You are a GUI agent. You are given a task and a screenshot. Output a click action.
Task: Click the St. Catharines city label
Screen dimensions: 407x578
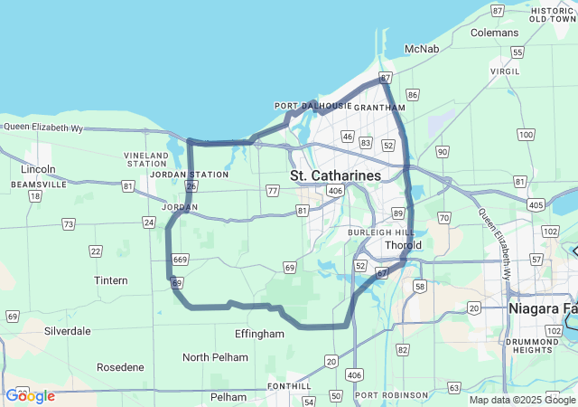(335, 174)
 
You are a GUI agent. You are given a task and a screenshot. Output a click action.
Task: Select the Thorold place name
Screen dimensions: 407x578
(403, 245)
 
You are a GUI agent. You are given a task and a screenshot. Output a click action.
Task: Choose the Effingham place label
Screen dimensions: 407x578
(259, 334)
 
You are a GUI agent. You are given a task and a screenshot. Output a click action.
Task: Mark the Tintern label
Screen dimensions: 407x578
(111, 280)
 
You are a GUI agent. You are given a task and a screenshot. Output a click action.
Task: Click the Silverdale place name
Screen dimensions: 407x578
(68, 331)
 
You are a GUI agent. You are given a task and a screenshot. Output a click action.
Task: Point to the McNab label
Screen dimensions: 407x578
(422, 48)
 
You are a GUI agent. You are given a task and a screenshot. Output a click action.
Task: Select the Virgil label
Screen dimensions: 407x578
(505, 71)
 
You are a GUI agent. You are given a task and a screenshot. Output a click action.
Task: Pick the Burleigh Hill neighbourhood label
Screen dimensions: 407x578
(381, 232)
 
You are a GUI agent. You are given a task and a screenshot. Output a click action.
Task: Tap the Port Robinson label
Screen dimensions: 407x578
(392, 395)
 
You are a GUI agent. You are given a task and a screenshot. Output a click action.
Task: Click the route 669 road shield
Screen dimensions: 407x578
(180, 260)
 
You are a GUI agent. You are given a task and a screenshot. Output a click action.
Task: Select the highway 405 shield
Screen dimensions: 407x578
(536, 205)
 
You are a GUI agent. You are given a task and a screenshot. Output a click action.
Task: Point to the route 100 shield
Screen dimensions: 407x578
(526, 135)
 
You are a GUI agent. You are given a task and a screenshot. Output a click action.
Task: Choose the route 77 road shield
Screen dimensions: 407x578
(273, 190)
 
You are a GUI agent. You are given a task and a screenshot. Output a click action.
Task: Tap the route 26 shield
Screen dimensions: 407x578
(191, 186)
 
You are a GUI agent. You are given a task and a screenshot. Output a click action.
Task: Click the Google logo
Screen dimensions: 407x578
(30, 396)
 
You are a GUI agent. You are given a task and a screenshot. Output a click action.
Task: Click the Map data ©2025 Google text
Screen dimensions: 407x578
(522, 400)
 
